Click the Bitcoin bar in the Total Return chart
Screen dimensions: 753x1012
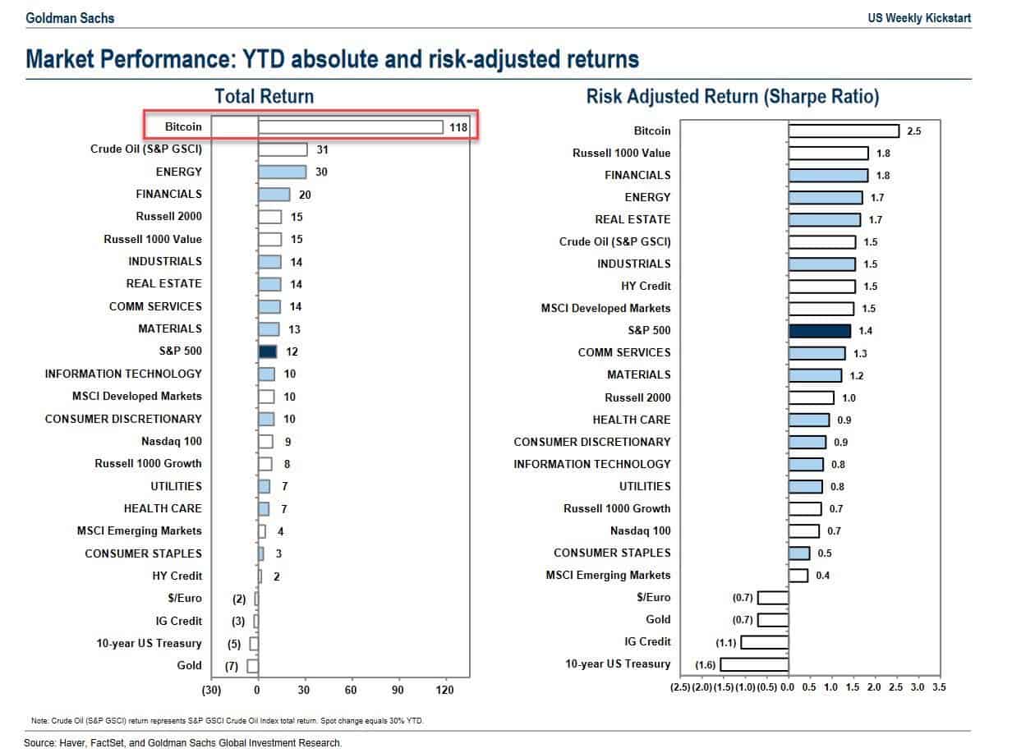pos(351,126)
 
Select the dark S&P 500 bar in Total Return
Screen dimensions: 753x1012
pos(268,351)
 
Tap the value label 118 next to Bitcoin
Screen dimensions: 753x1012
pos(458,127)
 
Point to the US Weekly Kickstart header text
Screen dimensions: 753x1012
pos(918,17)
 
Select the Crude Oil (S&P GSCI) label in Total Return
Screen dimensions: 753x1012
pos(146,149)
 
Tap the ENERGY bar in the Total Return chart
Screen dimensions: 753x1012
pos(282,172)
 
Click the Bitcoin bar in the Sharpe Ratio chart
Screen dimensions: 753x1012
pos(844,131)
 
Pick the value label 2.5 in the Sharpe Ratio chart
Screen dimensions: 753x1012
pos(914,131)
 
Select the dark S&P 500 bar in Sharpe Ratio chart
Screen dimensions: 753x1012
pos(819,330)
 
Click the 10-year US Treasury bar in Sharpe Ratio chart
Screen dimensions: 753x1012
pos(754,663)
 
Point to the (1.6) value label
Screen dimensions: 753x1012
pos(705,664)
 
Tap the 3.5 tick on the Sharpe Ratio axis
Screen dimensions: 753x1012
pos(939,686)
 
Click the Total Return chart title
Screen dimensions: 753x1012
pos(264,96)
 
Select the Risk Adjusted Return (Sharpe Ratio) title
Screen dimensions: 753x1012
pos(733,96)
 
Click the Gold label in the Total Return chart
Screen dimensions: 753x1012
pos(189,666)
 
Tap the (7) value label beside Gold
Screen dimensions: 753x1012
pos(231,666)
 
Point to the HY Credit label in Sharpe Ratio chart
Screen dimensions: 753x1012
pos(646,286)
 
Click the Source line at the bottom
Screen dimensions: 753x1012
pos(182,742)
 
